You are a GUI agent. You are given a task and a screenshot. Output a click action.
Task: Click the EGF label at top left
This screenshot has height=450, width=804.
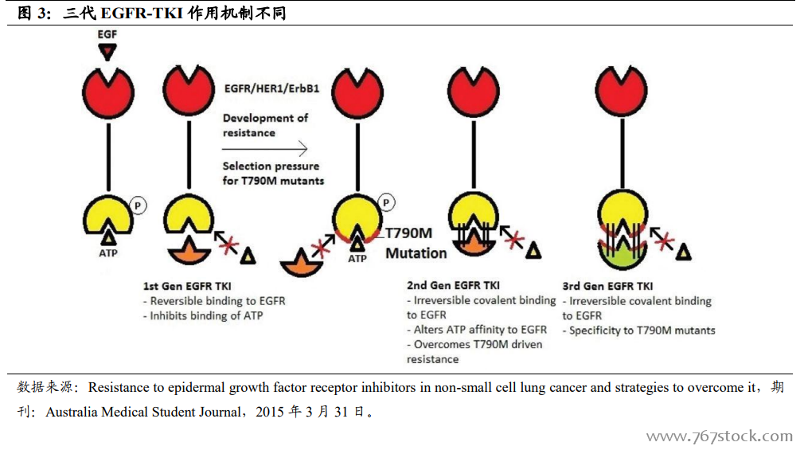click(107, 35)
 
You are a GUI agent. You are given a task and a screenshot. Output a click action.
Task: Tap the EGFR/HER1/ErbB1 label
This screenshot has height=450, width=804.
click(272, 88)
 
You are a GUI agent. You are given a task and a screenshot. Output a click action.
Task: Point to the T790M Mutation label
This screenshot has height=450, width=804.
click(416, 243)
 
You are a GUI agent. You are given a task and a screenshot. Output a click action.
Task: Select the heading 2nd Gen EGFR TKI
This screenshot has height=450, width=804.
click(453, 285)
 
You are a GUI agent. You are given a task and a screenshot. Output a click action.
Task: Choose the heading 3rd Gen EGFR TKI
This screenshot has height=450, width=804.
click(608, 286)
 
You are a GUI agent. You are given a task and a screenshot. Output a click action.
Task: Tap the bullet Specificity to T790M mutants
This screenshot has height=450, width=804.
click(638, 330)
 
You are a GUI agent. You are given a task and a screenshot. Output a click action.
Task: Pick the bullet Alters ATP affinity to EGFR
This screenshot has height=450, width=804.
click(477, 330)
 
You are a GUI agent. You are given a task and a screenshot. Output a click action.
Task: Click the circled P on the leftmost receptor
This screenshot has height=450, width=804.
click(138, 205)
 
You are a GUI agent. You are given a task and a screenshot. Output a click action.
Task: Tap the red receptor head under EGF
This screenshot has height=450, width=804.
click(107, 88)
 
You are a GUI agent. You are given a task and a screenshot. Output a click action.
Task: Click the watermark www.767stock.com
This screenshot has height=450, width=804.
click(719, 436)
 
